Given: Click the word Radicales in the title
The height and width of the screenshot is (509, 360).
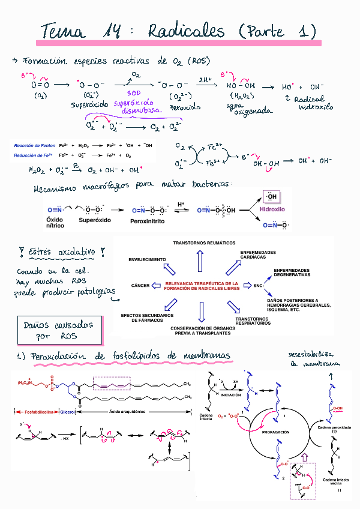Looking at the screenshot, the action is tap(185, 31).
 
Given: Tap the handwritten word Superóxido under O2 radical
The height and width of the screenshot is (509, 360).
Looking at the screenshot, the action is tap(89, 106).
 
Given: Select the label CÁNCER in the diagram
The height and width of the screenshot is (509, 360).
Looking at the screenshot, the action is tap(140, 285).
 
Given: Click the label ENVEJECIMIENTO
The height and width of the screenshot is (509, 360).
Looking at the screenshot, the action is tap(147, 259).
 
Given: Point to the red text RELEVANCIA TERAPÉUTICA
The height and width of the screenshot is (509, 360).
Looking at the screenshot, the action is tap(201, 285).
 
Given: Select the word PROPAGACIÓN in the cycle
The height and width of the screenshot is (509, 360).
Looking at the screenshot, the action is tap(276, 432).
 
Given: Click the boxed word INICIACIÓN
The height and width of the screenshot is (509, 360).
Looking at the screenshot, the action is tap(230, 395).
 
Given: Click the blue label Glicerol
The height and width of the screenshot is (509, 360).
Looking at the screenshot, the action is tap(67, 412).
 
